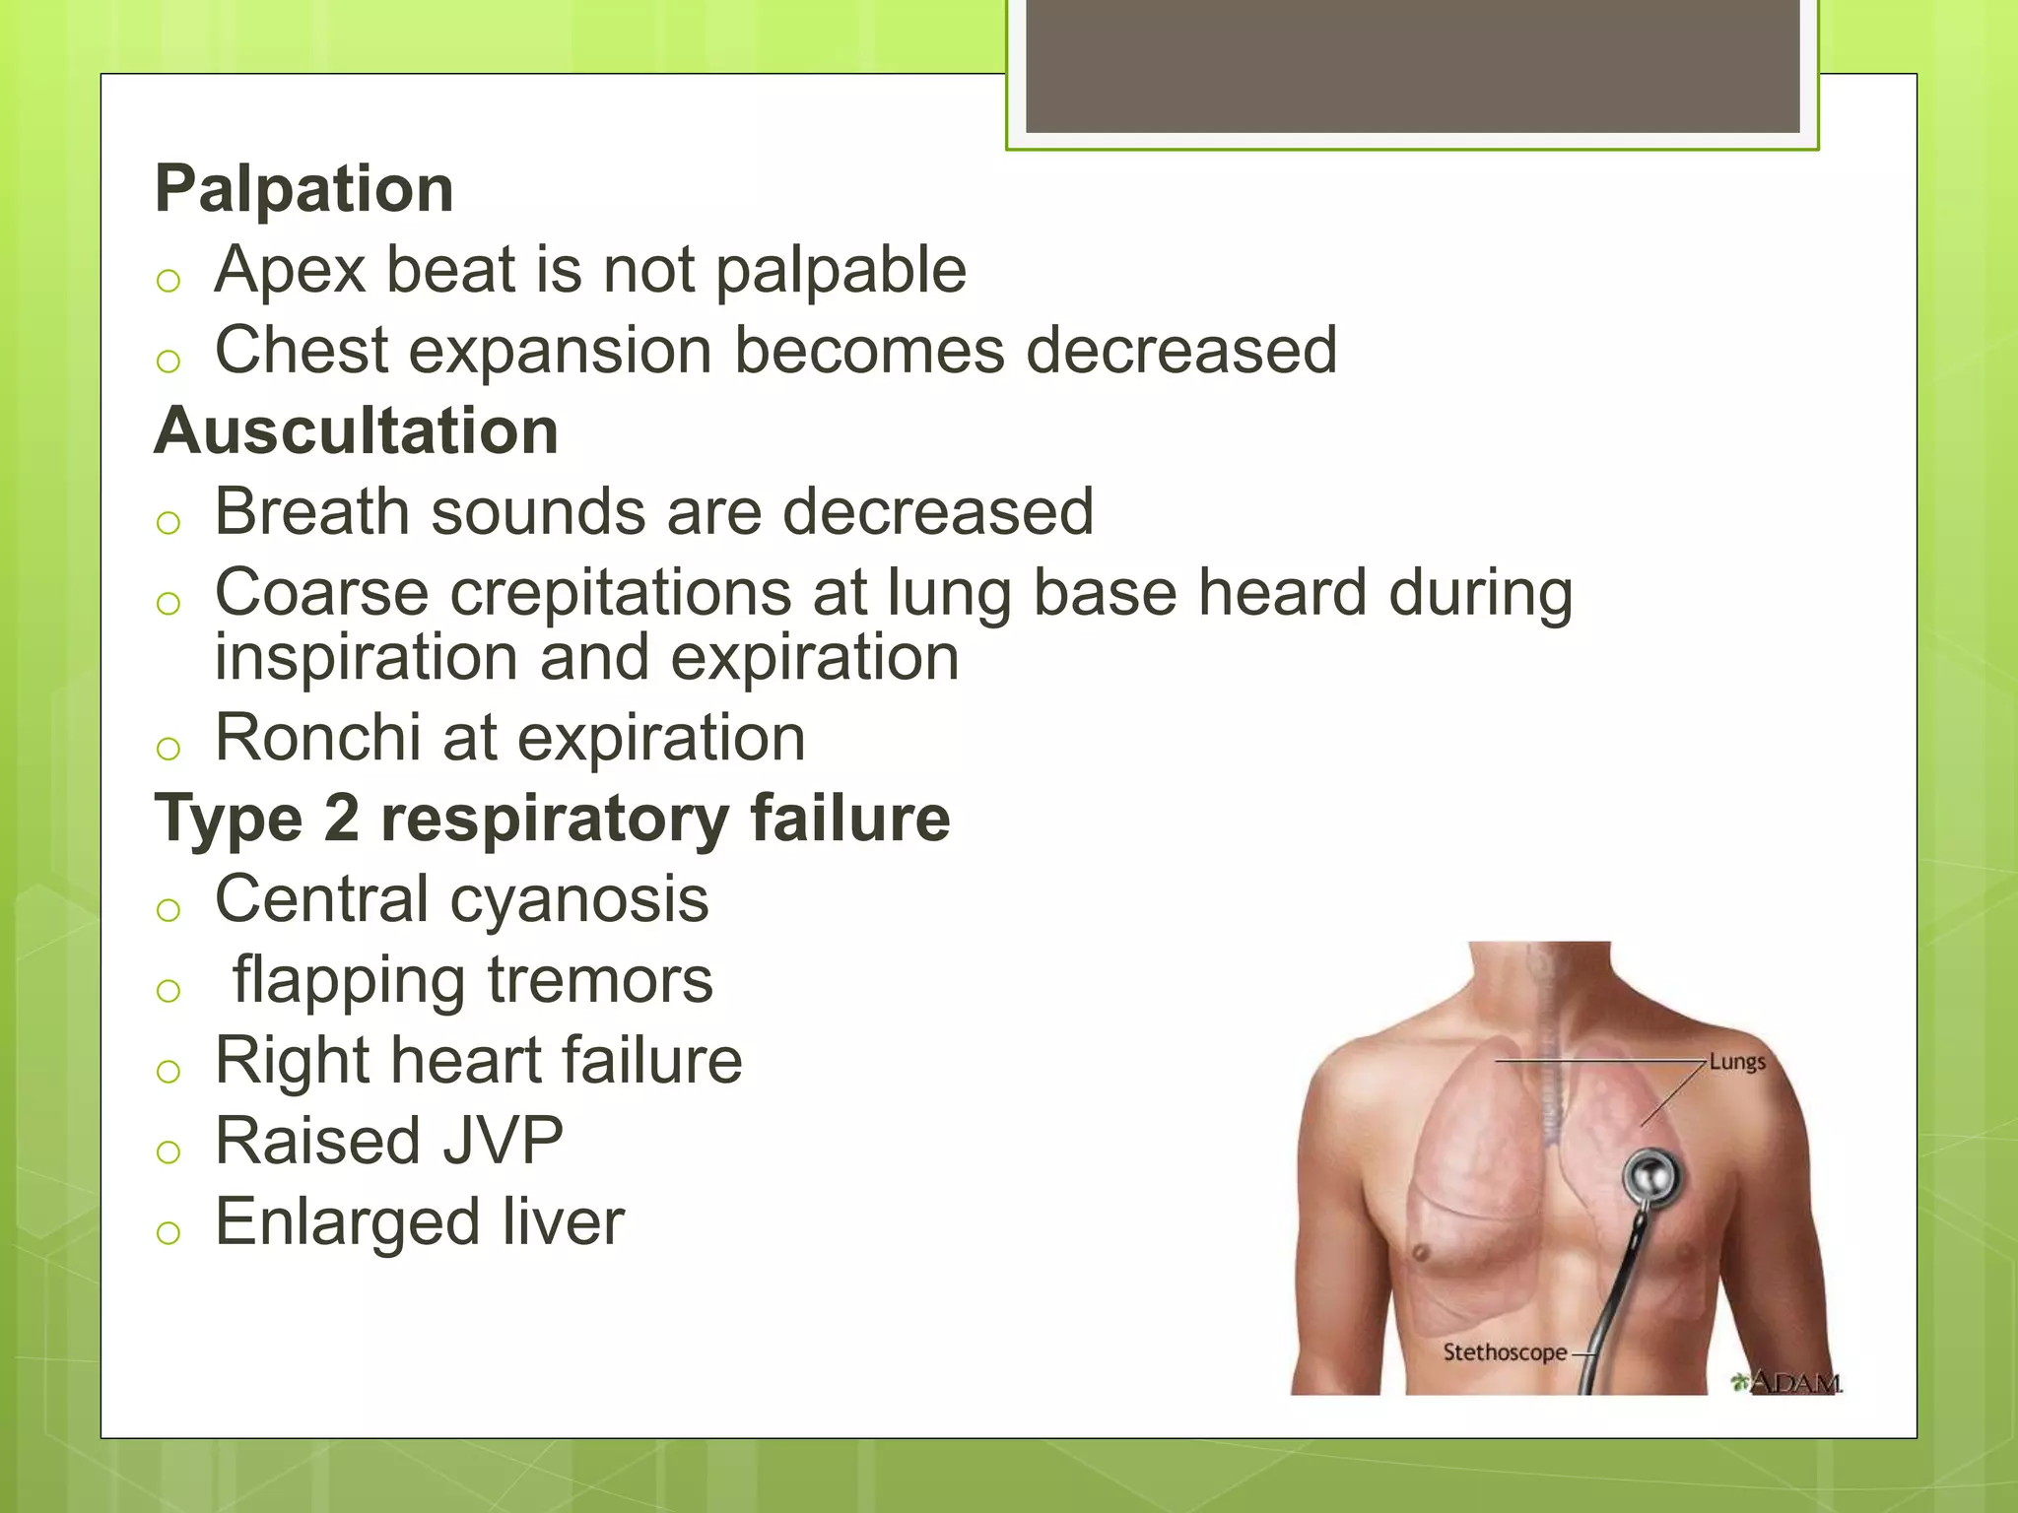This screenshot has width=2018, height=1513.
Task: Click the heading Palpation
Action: point(303,188)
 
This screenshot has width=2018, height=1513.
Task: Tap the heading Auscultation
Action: point(357,430)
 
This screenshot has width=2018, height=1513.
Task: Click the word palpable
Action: point(841,272)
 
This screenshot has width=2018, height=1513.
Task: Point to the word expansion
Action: point(561,352)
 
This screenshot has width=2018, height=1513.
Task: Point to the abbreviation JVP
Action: point(502,1141)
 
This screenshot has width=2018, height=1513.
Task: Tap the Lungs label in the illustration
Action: point(1737,1062)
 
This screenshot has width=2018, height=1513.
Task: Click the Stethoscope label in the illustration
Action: point(1505,1352)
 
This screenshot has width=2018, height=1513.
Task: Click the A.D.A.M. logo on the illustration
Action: point(1787,1382)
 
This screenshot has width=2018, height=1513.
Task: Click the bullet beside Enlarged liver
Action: point(168,1231)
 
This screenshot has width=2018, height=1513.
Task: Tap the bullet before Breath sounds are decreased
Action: point(168,522)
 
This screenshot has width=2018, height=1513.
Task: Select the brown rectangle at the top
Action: point(1412,65)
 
